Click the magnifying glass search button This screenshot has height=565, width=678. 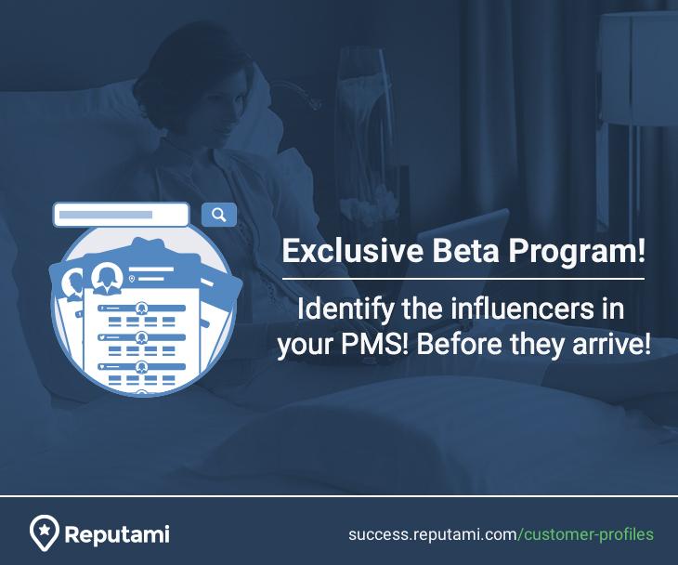(219, 215)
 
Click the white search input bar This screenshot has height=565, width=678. (121, 215)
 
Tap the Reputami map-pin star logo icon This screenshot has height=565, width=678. (43, 532)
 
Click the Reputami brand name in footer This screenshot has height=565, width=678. (117, 534)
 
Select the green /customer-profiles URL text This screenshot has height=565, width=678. (586, 534)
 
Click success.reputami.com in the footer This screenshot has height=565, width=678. (432, 534)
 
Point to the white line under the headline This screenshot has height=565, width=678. (463, 278)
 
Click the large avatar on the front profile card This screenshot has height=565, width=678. (107, 277)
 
